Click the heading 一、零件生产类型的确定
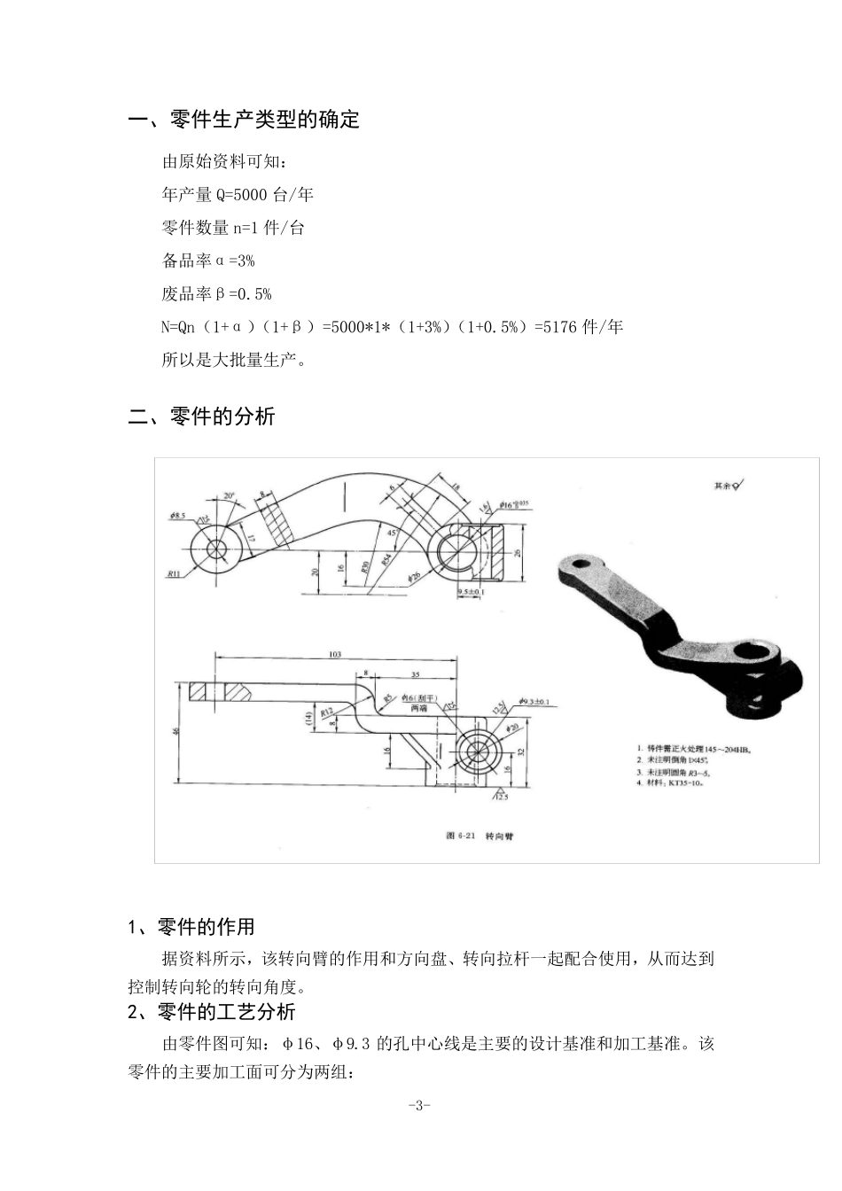(244, 120)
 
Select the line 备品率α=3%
(208, 261)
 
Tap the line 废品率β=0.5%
(216, 293)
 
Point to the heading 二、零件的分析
(202, 416)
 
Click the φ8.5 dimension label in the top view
(176, 515)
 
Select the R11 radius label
(174, 573)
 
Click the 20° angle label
(230, 496)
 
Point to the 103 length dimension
(335, 654)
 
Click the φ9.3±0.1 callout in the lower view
(534, 701)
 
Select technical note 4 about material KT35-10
(677, 782)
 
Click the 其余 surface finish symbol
(729, 486)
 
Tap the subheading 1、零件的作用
(191, 927)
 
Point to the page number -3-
(420, 1105)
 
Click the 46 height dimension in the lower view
(176, 731)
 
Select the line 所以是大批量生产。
(234, 360)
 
